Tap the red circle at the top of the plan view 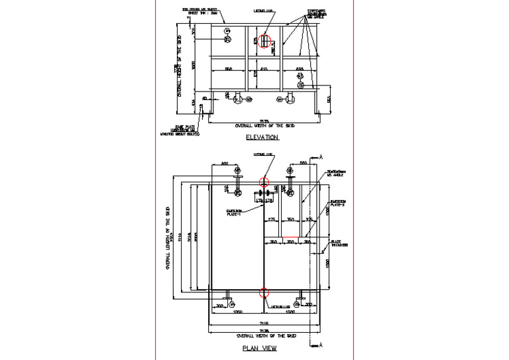click(x=264, y=181)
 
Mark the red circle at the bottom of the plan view click(x=264, y=292)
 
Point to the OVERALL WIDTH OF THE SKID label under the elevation click(x=264, y=125)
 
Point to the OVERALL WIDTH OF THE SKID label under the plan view click(x=264, y=335)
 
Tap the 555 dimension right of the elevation click(x=329, y=99)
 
